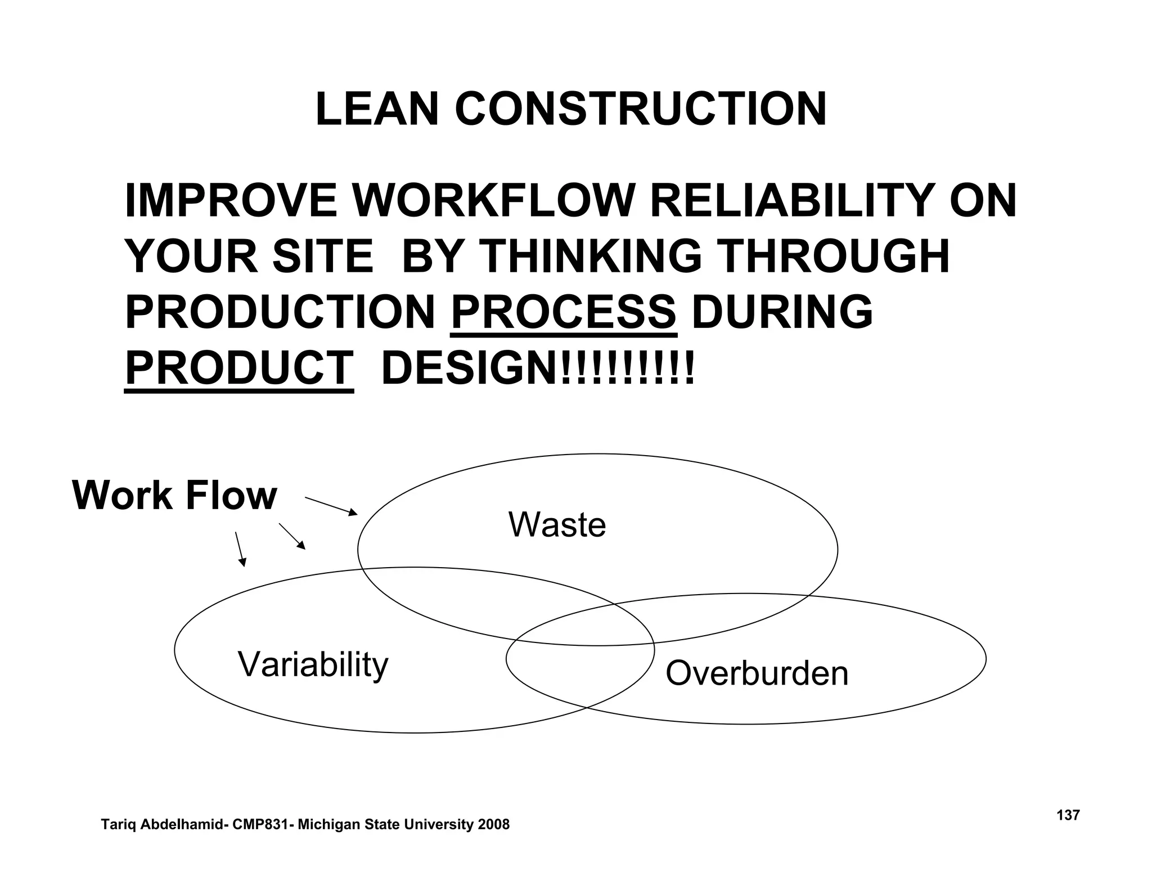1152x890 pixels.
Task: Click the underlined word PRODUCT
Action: tap(239, 368)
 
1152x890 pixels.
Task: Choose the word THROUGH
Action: tap(835, 257)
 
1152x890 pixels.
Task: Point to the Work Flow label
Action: tap(174, 496)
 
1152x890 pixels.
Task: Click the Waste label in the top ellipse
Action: tap(557, 524)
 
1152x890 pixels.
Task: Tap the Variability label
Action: tap(313, 664)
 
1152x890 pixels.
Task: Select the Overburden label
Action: tap(757, 673)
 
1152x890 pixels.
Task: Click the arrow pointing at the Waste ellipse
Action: tap(331, 506)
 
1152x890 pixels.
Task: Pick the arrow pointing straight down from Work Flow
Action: tap(240, 549)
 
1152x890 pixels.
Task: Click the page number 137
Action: tap(1068, 815)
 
